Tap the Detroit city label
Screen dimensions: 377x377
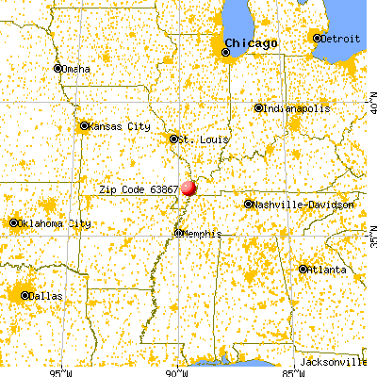[341, 38]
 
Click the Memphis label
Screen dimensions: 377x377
[202, 233]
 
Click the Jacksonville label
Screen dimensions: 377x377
[334, 362]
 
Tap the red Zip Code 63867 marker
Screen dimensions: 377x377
[188, 189]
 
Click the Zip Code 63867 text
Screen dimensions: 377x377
[139, 189]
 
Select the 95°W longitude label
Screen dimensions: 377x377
[63, 369]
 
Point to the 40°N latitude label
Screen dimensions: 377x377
[369, 101]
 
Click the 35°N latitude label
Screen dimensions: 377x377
[369, 231]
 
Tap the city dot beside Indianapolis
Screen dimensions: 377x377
[258, 108]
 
